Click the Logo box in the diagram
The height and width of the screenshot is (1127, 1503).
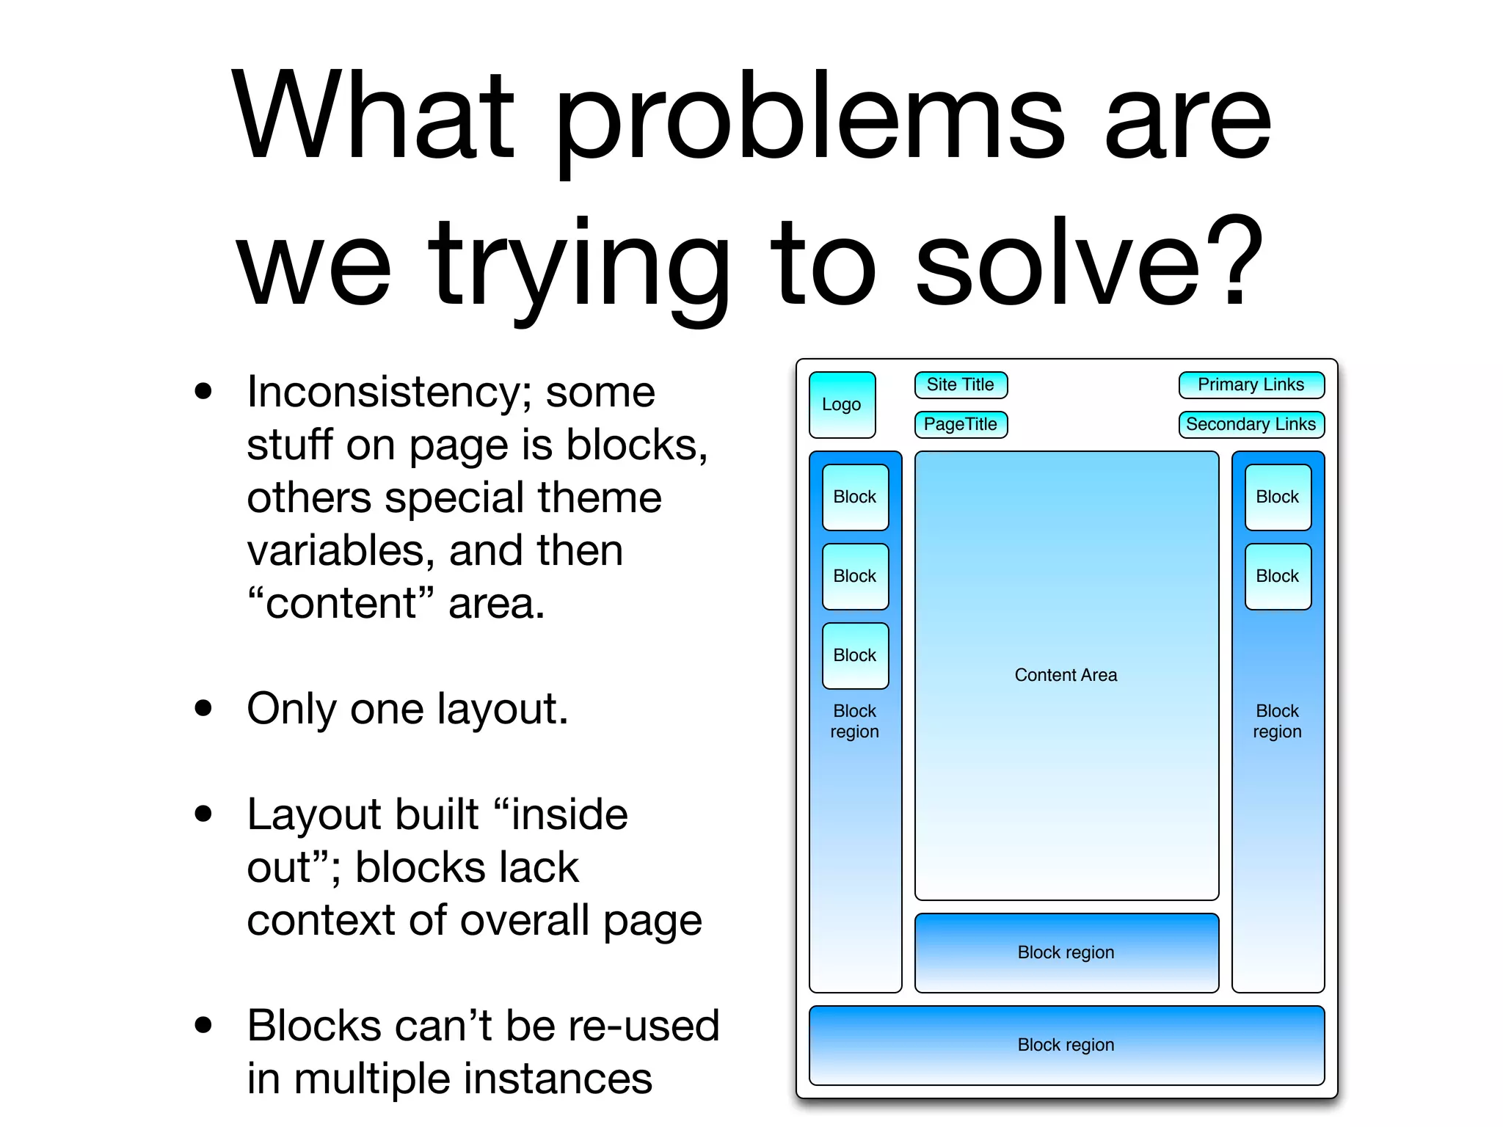click(x=842, y=404)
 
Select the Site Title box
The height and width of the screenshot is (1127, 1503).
click(x=960, y=384)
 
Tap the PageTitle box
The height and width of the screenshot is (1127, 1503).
click(x=960, y=424)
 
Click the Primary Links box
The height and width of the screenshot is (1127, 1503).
click(x=1251, y=384)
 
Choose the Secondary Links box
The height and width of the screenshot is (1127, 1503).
click(x=1251, y=424)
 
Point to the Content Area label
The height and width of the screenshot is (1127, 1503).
click(x=1066, y=675)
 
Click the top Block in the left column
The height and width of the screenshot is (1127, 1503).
click(x=855, y=497)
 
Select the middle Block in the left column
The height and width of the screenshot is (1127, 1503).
click(x=855, y=576)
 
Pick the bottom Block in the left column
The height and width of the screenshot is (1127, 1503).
click(x=855, y=655)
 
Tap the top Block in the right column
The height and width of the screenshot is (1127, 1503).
click(x=1277, y=497)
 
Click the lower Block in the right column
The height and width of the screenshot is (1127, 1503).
click(x=1277, y=576)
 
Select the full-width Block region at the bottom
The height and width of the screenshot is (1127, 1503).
click(x=1066, y=1045)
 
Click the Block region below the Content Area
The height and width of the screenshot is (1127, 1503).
click(x=1066, y=952)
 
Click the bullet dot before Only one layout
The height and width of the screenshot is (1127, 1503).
click(x=203, y=709)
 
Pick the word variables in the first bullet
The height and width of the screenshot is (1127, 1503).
click(x=341, y=551)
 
